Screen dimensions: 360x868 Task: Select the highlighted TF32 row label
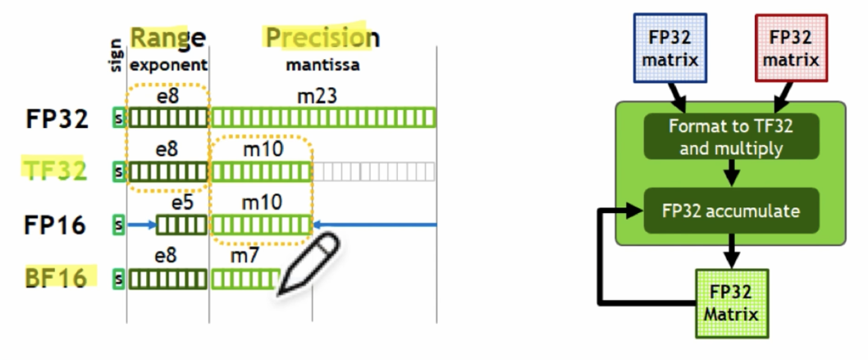point(54,171)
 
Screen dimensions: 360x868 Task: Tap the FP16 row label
point(54,224)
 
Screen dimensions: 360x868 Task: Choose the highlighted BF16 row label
point(54,278)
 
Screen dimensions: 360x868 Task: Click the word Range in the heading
point(167,37)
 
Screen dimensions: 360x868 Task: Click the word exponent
point(169,64)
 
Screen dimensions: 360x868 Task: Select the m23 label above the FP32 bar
point(317,97)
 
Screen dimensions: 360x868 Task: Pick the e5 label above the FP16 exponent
point(181,202)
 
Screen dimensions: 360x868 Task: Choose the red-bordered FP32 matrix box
point(790,48)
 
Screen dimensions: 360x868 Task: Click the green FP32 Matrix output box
point(732,303)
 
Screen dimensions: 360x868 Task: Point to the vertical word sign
point(116,54)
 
